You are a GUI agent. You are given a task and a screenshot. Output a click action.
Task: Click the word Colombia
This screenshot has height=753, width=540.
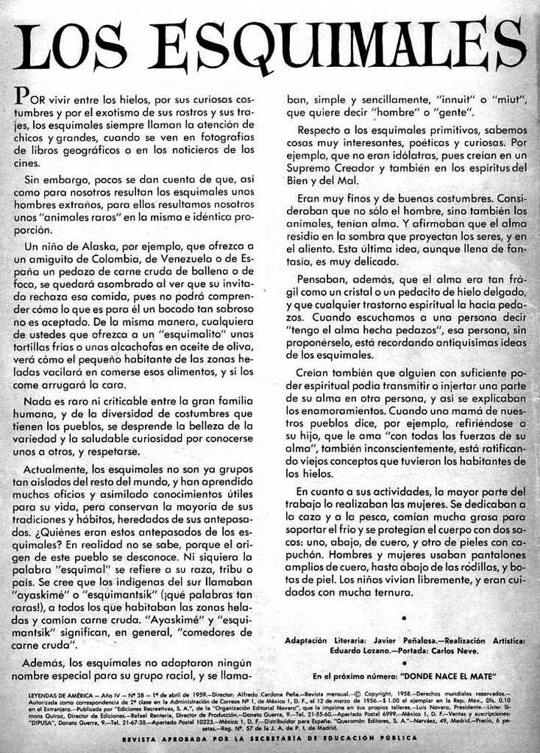pos(115,259)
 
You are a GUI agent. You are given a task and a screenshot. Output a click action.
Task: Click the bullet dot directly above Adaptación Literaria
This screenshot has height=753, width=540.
pos(404,618)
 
